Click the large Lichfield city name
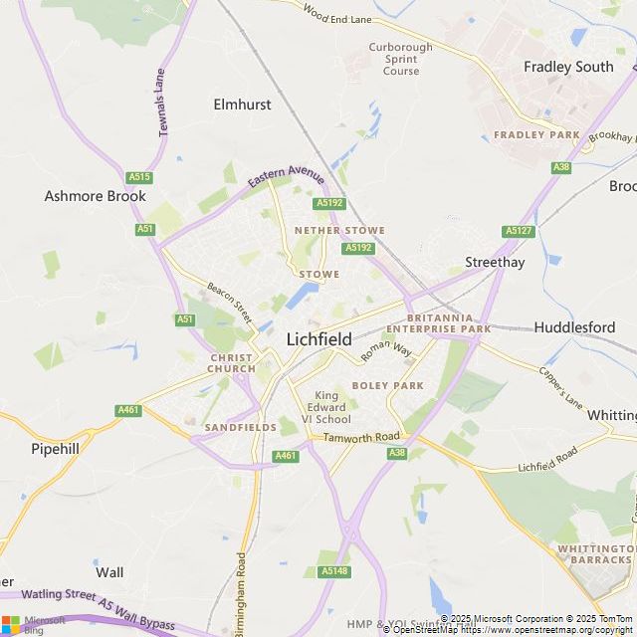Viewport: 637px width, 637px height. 318,338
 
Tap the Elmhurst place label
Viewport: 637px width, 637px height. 242,104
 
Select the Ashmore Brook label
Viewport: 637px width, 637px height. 96,196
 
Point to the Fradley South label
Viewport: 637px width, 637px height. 568,67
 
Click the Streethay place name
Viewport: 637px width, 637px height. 495,262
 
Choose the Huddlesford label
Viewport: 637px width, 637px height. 574,326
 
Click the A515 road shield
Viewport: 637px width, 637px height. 139,177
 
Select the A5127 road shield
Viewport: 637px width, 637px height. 519,231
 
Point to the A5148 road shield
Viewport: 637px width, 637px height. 334,571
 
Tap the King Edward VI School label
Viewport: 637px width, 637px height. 332,407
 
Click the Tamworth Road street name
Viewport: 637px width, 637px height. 360,437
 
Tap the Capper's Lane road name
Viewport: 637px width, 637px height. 560,388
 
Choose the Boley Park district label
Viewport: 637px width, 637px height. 387,385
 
